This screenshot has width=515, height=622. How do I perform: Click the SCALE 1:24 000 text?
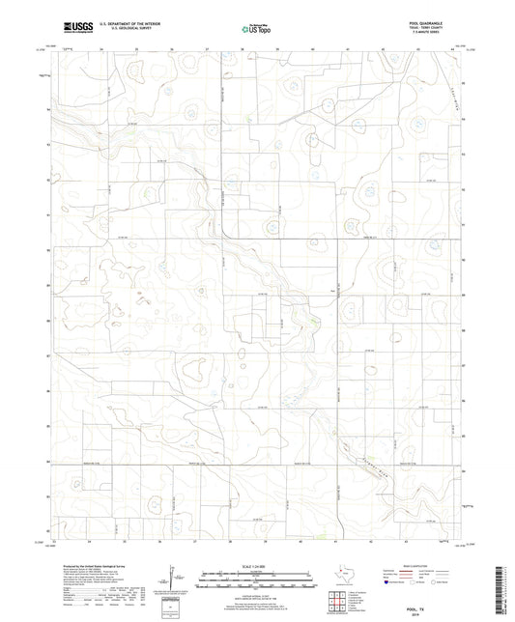point(257,564)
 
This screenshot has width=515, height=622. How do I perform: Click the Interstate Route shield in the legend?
point(387,581)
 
